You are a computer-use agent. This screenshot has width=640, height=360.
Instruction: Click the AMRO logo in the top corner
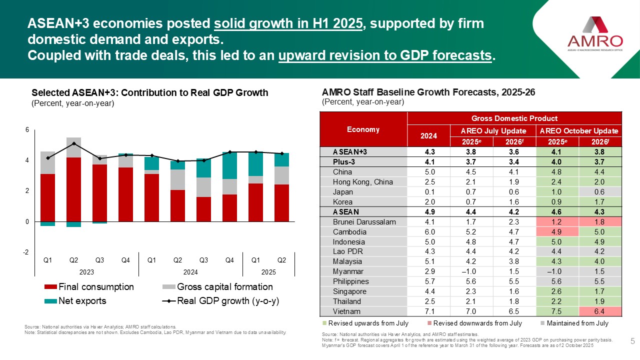point(595,32)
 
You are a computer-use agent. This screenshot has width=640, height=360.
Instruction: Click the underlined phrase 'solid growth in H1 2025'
point(288,23)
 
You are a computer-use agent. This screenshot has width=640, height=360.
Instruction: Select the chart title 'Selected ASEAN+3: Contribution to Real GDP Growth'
point(150,92)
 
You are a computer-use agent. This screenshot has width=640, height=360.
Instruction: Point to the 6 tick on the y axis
point(27,130)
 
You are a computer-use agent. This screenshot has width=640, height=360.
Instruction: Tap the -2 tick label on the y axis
point(25,252)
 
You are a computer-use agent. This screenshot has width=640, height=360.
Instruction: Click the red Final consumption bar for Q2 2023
point(74,189)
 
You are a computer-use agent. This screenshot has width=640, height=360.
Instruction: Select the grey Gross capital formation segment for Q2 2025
point(281,175)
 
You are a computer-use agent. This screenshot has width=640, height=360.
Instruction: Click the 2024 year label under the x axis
point(190,272)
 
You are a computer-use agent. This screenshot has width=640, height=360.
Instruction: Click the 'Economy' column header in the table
point(363,129)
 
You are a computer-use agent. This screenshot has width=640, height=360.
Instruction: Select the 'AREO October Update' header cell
point(578,130)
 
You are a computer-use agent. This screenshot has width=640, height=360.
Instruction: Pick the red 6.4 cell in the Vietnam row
point(599,311)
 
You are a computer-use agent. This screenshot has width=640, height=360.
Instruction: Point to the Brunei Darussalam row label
point(357,221)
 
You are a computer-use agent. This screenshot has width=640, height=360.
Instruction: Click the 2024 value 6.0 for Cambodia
point(428,231)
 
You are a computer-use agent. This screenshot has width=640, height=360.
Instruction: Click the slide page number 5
point(632,341)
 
